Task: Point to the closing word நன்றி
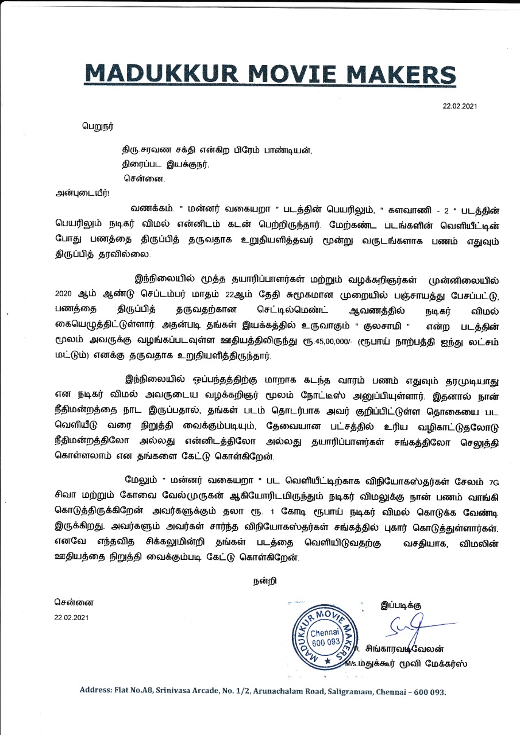coord(265,581)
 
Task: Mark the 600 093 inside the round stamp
coord(325,641)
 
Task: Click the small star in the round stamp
coord(328,662)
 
